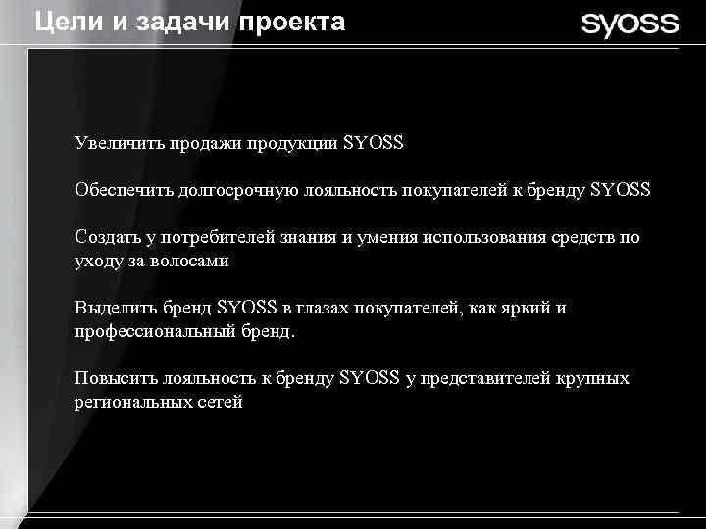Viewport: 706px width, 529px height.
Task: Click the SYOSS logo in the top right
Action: tap(630, 24)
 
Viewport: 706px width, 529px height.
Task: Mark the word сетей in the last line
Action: tap(219, 402)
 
